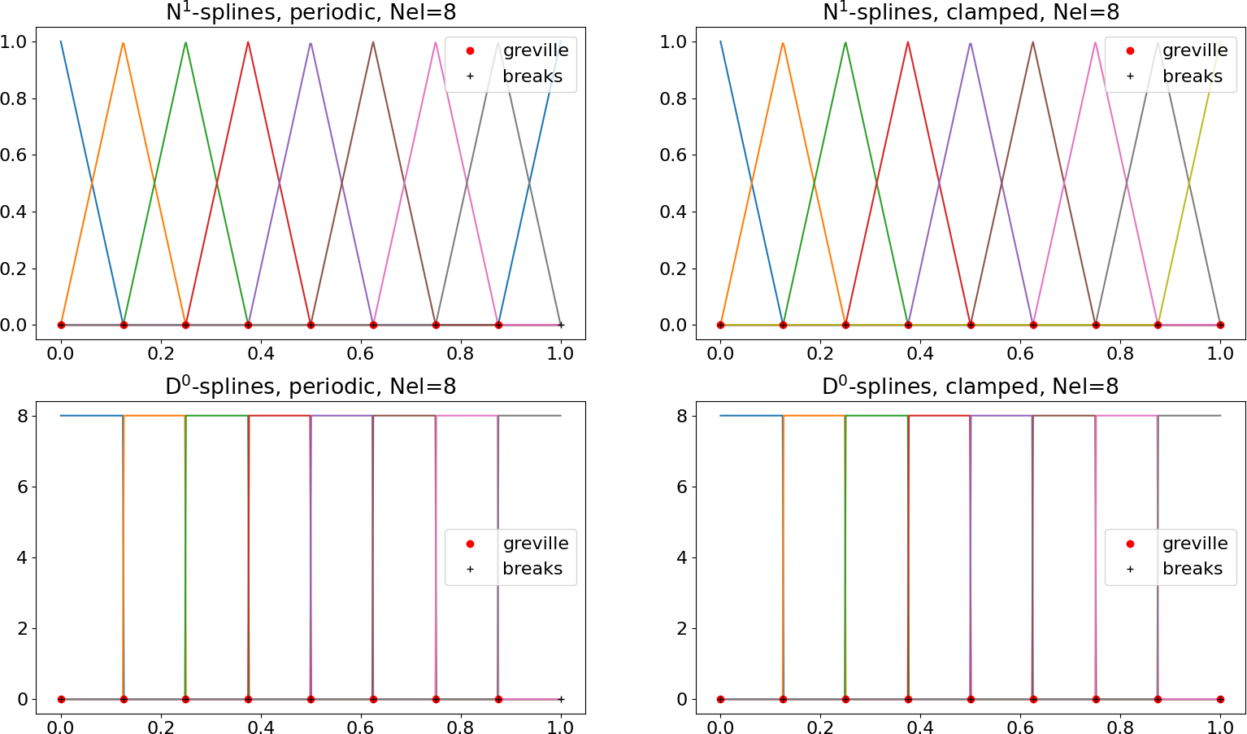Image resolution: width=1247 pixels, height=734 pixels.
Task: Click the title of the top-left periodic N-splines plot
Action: point(311,12)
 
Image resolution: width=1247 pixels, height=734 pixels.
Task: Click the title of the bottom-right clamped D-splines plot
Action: point(970,387)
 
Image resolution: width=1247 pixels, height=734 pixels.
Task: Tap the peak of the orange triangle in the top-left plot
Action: point(123,43)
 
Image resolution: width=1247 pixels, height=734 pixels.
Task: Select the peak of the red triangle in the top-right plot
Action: point(908,42)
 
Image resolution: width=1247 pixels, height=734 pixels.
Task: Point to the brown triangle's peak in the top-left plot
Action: point(373,42)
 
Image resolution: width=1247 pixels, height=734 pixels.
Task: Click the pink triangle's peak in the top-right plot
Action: point(1095,42)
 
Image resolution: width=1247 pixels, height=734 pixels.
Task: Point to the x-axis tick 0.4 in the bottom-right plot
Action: point(920,727)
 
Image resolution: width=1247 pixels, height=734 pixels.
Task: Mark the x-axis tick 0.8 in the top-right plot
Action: point(1120,353)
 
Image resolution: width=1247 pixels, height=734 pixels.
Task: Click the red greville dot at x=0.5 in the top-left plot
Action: point(311,325)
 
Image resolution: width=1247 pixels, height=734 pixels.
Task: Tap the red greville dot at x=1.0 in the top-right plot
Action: point(1220,325)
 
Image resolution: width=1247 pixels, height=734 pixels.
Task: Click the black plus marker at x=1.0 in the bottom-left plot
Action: point(561,699)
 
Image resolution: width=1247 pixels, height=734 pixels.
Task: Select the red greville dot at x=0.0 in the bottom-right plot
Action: point(720,699)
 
